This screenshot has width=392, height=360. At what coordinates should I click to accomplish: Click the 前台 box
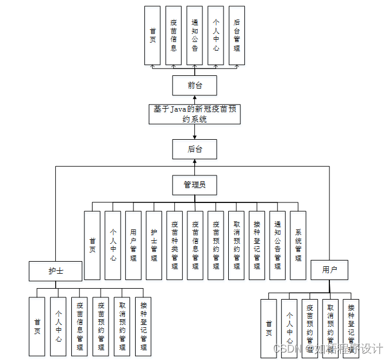pyautogui.click(x=195, y=86)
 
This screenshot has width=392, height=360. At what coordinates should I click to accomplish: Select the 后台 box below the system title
pyautogui.click(x=195, y=150)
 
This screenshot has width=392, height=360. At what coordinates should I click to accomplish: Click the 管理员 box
pyautogui.click(x=195, y=185)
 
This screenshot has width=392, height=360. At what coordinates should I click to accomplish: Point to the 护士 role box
pyautogui.click(x=56, y=270)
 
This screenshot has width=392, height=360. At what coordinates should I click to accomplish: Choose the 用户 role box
pyautogui.click(x=329, y=270)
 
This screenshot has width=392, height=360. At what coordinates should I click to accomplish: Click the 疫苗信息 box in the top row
pyautogui.click(x=174, y=36)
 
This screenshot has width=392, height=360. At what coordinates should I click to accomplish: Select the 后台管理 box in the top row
pyautogui.click(x=237, y=36)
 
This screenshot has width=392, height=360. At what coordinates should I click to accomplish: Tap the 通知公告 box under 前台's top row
pyautogui.click(x=195, y=36)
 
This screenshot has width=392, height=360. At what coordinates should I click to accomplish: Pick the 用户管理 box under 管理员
pyautogui.click(x=133, y=246)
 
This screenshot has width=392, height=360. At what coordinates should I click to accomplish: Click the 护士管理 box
pyautogui.click(x=154, y=246)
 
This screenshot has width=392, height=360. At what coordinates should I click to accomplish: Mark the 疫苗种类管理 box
pyautogui.click(x=175, y=246)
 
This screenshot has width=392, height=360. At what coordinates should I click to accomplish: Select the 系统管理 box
pyautogui.click(x=298, y=246)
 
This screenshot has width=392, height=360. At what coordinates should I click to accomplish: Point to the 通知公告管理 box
pyautogui.click(x=278, y=246)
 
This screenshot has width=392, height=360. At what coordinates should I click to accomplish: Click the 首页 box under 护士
pyautogui.click(x=37, y=326)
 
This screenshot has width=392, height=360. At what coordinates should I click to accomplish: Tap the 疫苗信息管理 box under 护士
pyautogui.click(x=79, y=326)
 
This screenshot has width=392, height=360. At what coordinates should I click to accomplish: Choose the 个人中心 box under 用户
pyautogui.click(x=290, y=328)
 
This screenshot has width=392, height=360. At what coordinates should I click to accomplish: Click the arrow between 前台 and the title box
pyautogui.click(x=195, y=100)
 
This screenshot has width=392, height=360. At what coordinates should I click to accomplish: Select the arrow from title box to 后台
pyautogui.click(x=195, y=132)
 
